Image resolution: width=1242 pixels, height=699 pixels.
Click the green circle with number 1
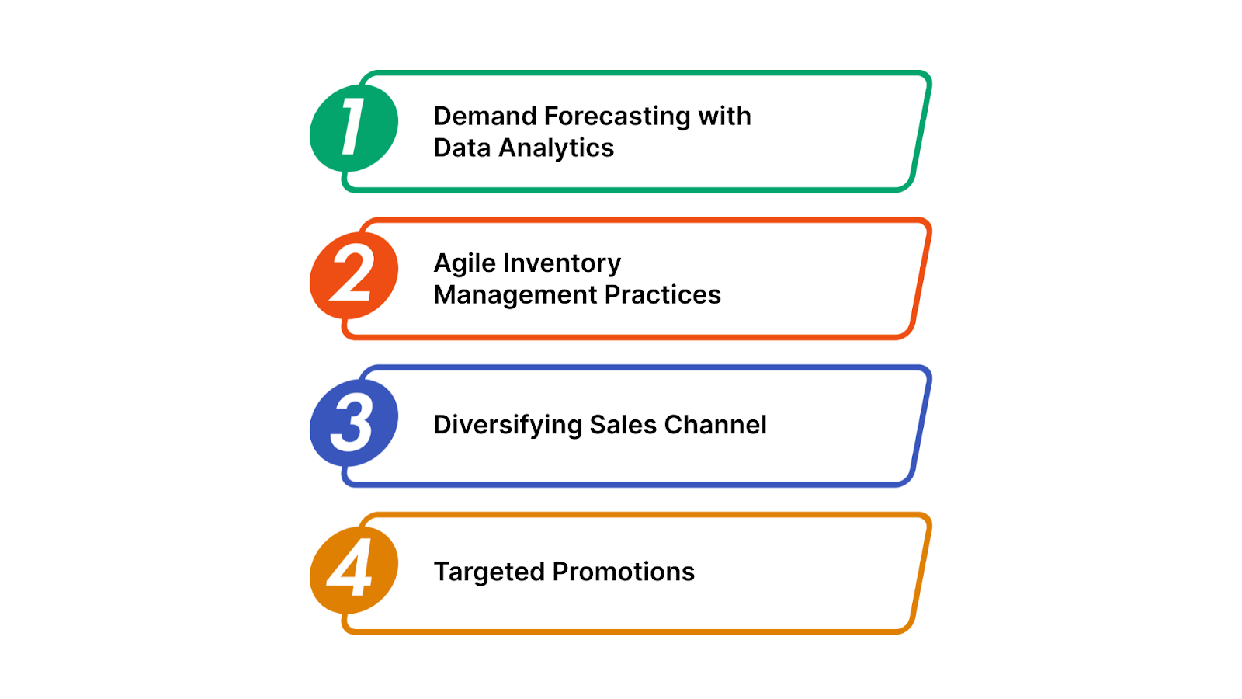354,128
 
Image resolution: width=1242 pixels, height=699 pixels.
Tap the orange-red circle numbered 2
354,275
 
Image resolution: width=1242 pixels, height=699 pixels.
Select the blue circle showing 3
354,423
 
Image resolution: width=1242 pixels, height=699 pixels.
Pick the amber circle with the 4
354,569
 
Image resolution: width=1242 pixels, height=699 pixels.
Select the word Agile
464,264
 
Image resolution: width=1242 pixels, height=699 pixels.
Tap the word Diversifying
507,426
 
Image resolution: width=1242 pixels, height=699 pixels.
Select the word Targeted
489,572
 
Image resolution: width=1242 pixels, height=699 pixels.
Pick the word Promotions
623,572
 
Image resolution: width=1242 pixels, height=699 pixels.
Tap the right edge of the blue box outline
921,426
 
